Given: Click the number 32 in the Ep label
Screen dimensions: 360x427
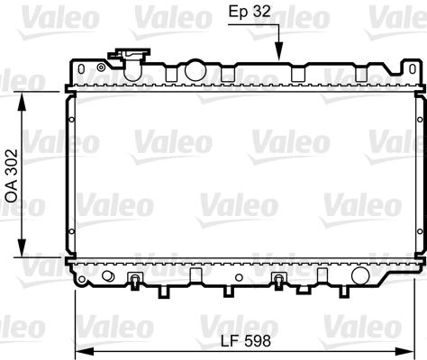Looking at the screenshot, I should coord(263,15).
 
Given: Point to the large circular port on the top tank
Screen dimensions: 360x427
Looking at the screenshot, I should coord(194,69).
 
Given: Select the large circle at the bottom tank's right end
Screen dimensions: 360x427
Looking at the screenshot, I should coord(359,275).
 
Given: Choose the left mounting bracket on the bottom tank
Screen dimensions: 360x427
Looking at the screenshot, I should coord(136,280).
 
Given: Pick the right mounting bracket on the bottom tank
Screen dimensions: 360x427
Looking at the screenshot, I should coord(279,280).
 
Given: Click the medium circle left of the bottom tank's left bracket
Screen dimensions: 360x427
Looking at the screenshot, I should coord(109,275).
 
